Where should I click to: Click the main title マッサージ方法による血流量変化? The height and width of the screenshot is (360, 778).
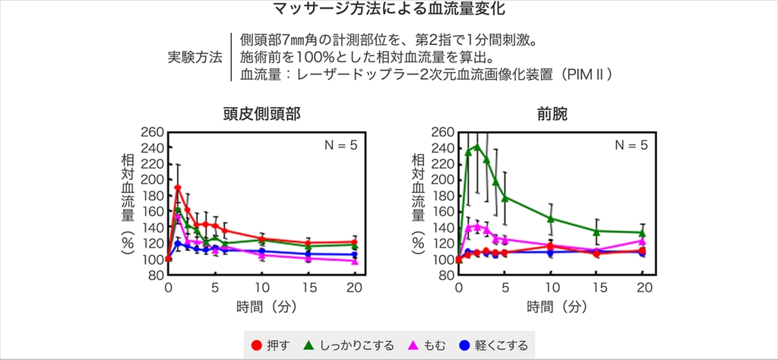coord(389,10)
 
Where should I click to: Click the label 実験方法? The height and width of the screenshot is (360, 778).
coord(194,58)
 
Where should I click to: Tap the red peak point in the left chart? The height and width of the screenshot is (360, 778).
coord(178,188)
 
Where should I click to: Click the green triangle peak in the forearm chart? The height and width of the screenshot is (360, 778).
coord(477,146)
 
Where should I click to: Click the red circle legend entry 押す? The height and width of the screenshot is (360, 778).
coord(267,346)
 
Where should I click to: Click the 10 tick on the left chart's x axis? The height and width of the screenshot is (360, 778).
coord(261,287)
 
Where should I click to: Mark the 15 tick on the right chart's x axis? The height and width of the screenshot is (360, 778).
coord(597,287)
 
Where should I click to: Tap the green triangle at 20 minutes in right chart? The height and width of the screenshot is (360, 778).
coord(643,232)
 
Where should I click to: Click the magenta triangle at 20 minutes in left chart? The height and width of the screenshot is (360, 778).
coord(354,261)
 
